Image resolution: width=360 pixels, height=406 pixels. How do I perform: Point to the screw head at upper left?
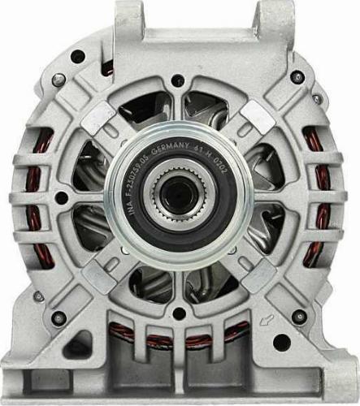click(x=77, y=58)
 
